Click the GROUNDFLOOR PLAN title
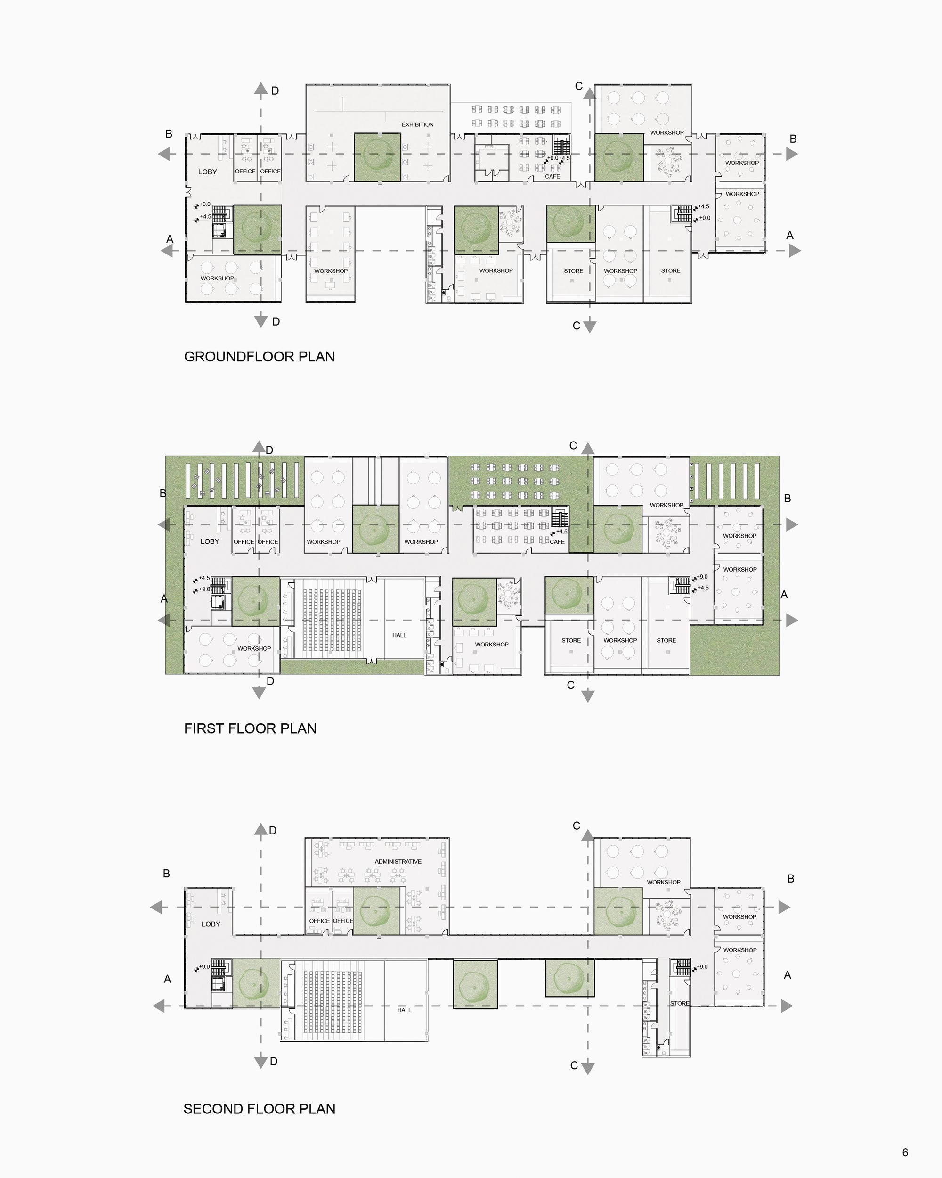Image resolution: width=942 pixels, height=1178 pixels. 260,357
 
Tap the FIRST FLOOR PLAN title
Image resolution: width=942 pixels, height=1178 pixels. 250,728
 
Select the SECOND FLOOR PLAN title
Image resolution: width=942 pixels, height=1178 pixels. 260,1109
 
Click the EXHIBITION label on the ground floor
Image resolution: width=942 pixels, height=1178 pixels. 418,124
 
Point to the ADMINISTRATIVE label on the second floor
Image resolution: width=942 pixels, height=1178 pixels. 398,862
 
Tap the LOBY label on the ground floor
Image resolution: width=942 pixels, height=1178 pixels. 208,172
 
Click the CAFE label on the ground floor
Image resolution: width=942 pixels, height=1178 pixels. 552,177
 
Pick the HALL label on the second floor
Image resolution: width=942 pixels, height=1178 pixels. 404,1010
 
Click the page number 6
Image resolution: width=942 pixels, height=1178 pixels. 905,1153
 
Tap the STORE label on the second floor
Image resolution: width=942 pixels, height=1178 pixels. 680,1003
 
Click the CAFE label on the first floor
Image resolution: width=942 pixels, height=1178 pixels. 557,542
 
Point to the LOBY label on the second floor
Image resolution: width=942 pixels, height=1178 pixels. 211,924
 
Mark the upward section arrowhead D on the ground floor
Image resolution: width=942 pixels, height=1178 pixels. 261,89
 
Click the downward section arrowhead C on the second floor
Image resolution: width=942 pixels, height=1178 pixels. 588,1068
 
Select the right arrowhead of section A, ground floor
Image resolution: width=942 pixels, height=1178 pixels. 795,251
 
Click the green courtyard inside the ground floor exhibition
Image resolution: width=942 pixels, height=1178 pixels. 377,157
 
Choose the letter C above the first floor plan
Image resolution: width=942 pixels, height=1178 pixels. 573,445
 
